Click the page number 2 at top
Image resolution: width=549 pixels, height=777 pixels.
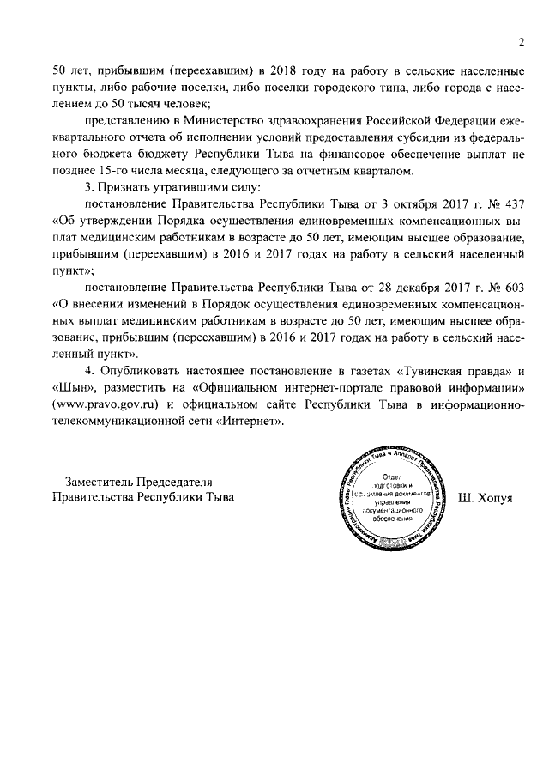[x=521, y=42]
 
